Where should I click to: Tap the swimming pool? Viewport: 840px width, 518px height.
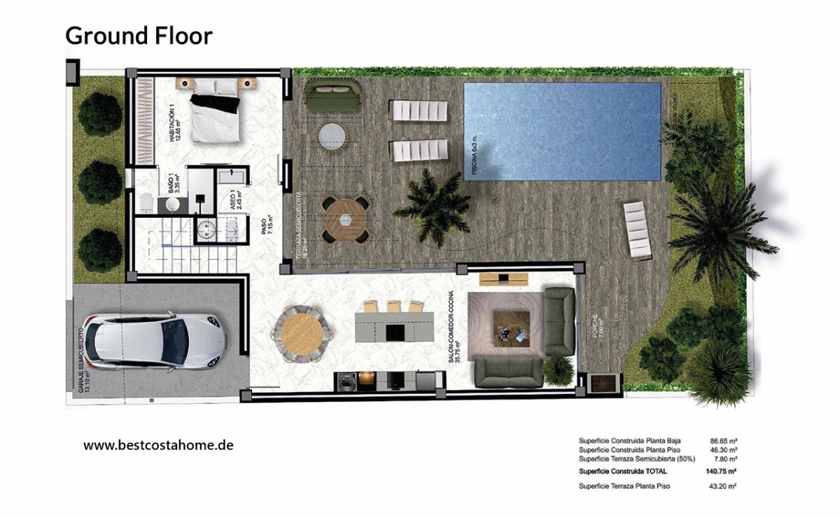(x=562, y=131)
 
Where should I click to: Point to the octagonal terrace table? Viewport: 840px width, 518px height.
(x=345, y=219)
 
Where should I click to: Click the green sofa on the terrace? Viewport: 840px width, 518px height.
(x=333, y=96)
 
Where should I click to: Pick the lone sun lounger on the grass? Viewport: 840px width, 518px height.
(x=638, y=229)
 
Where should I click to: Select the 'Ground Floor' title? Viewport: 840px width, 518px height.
(x=139, y=35)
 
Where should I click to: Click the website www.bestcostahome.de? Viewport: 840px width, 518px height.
(x=158, y=444)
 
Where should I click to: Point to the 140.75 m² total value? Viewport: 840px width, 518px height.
(x=722, y=471)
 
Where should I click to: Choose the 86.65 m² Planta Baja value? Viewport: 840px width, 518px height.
(x=723, y=441)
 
